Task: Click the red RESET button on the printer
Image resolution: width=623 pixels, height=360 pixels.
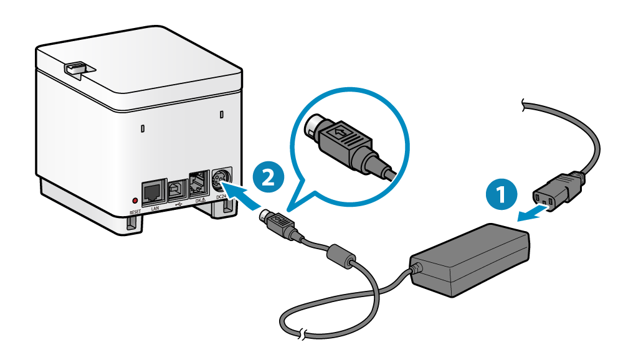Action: [x=135, y=201]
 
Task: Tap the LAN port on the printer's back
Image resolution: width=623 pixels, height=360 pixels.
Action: [x=153, y=193]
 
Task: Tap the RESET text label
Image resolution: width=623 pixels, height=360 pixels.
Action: [x=135, y=212]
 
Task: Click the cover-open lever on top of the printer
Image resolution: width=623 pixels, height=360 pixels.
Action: [x=77, y=68]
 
